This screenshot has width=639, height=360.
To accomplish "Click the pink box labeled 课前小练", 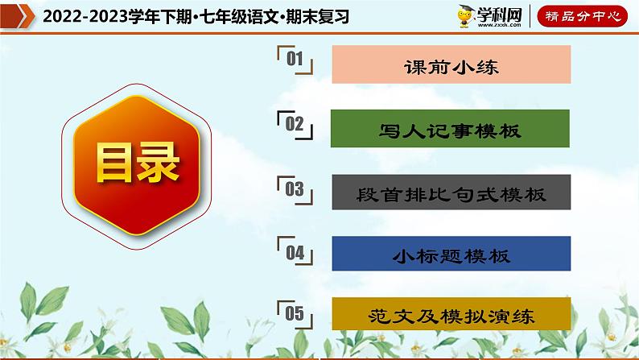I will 451,65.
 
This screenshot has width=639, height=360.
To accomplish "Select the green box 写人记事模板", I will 451,130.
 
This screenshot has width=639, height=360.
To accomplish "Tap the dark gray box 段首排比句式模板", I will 451,193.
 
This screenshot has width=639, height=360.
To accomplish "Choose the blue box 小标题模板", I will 451,254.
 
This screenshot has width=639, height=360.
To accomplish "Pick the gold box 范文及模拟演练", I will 451,316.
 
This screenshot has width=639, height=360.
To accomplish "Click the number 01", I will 295,60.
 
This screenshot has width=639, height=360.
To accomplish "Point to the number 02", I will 295,123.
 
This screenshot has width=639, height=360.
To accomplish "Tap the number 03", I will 295,189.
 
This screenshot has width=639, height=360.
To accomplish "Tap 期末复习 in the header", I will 320,16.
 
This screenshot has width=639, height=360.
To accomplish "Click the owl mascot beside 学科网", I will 468,15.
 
